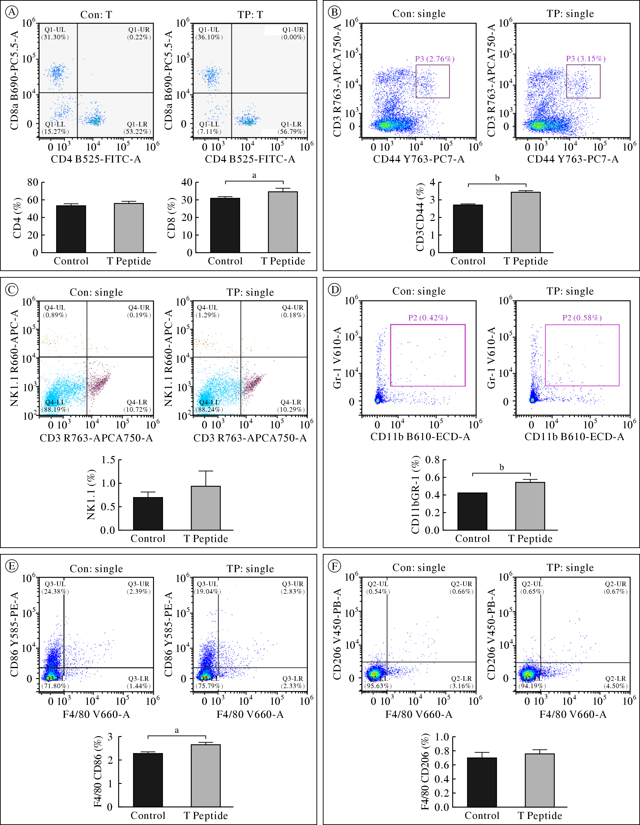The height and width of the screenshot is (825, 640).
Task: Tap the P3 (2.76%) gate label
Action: coord(435,59)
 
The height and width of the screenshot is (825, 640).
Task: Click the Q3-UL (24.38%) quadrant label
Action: coord(55,587)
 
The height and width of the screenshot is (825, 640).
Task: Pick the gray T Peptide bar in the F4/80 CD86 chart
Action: coord(206,775)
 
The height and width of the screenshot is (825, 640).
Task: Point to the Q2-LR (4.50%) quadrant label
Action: coord(616,682)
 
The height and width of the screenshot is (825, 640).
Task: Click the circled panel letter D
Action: coord(334,290)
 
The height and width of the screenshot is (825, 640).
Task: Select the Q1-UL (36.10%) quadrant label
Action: coord(209,33)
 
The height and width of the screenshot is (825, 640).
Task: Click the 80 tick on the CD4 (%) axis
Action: coord(33,183)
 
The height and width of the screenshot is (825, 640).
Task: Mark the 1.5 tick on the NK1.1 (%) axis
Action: coord(108,460)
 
